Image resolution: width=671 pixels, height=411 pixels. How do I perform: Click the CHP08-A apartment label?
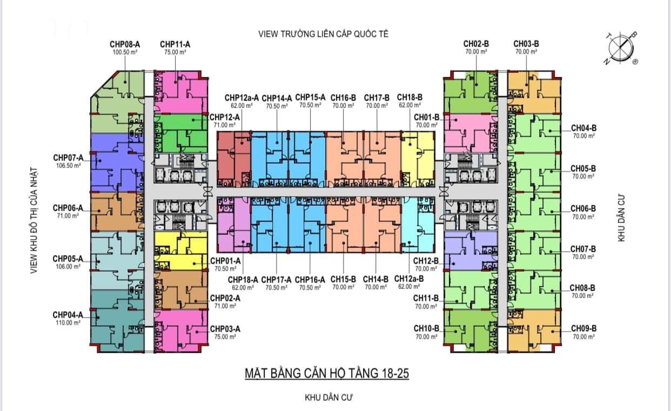(x=125, y=44)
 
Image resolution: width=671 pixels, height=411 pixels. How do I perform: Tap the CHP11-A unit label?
(x=175, y=44)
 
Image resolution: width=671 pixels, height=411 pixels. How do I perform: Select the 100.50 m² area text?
(x=125, y=52)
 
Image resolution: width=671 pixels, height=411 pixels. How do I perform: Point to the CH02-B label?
(x=476, y=44)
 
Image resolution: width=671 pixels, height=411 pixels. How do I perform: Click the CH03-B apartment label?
(x=526, y=44)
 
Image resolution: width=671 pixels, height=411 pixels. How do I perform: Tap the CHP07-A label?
(x=68, y=158)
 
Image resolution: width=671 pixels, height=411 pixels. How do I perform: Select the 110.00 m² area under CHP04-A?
(x=68, y=322)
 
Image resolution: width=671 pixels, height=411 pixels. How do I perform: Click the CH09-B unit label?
(x=583, y=328)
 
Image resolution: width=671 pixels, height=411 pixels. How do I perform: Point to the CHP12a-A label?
(x=241, y=98)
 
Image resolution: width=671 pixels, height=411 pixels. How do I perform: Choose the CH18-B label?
(x=409, y=97)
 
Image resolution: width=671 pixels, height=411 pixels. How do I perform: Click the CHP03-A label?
(x=225, y=328)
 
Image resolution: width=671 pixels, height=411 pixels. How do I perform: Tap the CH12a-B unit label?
(x=409, y=279)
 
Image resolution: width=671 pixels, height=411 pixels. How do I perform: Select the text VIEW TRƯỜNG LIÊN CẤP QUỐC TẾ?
(x=324, y=34)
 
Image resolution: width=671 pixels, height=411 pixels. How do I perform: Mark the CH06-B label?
(x=583, y=208)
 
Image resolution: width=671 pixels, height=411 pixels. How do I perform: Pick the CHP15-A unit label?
(x=310, y=97)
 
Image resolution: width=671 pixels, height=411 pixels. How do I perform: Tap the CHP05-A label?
(x=68, y=259)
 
